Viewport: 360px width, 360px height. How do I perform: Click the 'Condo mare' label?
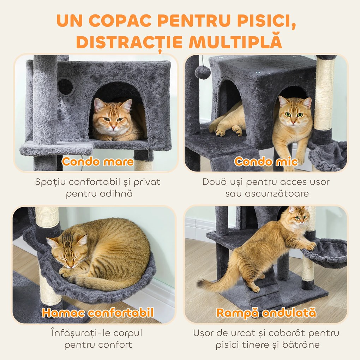point(97,162)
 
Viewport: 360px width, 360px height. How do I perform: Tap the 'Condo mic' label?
point(266,162)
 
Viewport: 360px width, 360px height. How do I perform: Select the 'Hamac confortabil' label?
point(97,313)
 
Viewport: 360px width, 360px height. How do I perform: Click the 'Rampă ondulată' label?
point(266,313)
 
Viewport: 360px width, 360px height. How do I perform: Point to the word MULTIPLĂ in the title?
point(235,42)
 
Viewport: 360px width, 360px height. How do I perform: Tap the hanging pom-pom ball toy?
point(203,72)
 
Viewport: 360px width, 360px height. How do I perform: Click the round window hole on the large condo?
point(66,86)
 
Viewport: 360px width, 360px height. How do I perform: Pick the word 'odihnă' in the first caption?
point(118,194)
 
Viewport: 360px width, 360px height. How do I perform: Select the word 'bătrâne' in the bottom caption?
point(297,345)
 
